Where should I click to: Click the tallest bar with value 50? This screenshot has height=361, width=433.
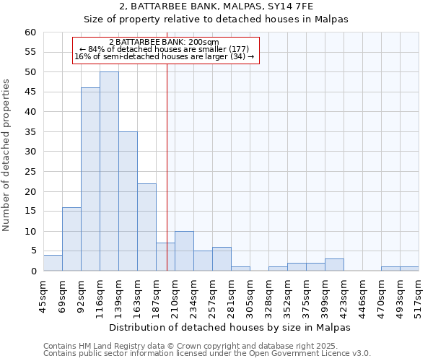(109, 171)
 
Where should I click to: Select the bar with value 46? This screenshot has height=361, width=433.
(90, 179)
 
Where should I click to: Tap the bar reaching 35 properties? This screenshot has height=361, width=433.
(128, 201)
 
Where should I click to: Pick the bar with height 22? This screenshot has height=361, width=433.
(146, 227)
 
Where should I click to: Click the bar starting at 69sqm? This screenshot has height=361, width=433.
(71, 239)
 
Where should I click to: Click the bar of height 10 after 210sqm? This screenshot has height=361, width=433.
(184, 251)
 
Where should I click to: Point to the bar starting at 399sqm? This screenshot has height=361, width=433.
(334, 265)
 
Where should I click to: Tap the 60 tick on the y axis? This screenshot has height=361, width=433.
(30, 32)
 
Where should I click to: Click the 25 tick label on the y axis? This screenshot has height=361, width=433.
(30, 172)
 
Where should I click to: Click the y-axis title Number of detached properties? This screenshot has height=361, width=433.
(7, 155)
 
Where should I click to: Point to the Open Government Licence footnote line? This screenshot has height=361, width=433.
(207, 354)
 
